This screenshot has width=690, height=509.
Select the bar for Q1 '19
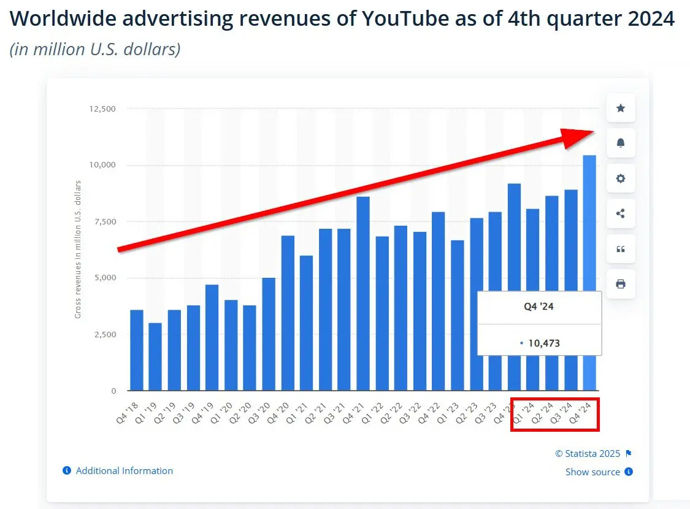coord(155,356)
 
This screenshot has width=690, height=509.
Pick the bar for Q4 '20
coord(288,313)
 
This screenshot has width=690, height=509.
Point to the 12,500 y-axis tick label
coord(103,109)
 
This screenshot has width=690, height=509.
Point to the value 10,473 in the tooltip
coord(543,343)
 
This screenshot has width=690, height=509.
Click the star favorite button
coord(621,109)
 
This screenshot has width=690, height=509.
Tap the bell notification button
coord(621,144)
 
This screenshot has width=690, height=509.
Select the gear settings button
coord(621,178)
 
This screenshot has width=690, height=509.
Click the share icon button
coord(621,213)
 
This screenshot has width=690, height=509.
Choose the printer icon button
coord(621,284)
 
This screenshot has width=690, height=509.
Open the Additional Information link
coord(124,471)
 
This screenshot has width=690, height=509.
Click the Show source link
coord(592,472)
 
